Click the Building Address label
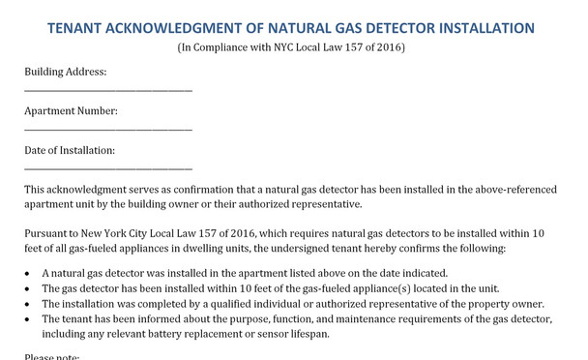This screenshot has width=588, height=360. point(65,72)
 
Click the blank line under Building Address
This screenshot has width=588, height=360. point(107,92)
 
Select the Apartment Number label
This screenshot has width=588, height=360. point(71,111)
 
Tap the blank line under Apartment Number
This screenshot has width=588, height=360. point(107,131)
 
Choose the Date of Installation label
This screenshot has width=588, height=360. point(70,151)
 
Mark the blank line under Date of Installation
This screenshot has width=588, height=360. point(107,170)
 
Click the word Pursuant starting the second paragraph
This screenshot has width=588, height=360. point(47,234)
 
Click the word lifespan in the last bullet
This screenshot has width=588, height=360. point(309,334)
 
